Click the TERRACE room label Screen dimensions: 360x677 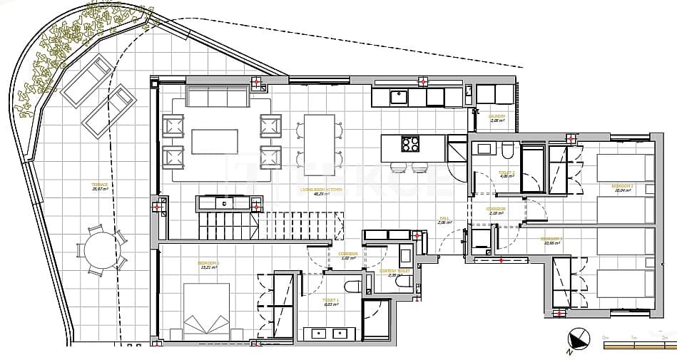(100, 187)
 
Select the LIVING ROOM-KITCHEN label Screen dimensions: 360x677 (321, 191)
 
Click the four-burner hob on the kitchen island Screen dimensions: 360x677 (411, 145)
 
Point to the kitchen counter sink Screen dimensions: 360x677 (399, 96)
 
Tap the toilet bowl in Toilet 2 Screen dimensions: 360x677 (507, 151)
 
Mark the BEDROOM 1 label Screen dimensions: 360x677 (208, 264)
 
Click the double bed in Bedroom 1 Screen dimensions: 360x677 (207, 312)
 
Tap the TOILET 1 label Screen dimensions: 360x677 (330, 302)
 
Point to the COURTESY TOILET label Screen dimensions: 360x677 (394, 272)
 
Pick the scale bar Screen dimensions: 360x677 (639, 344)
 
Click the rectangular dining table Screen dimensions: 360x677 (319, 145)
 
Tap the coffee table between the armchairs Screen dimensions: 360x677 (215, 142)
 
